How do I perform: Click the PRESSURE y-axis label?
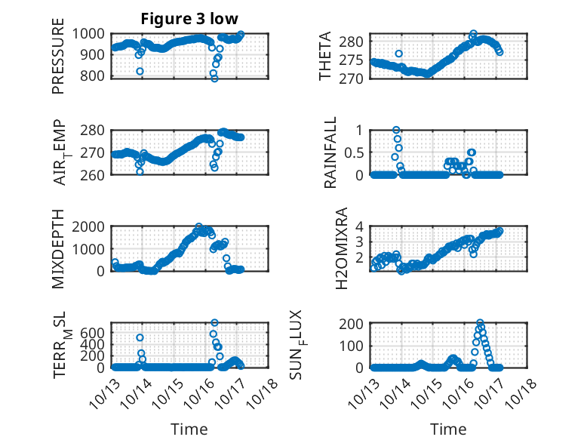(58, 62)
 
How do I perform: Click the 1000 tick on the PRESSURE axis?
(89, 34)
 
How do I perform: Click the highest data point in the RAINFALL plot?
(396, 131)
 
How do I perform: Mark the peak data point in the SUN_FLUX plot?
(480, 323)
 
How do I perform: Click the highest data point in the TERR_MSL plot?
(214, 323)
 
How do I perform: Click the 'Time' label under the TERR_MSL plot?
(189, 429)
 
